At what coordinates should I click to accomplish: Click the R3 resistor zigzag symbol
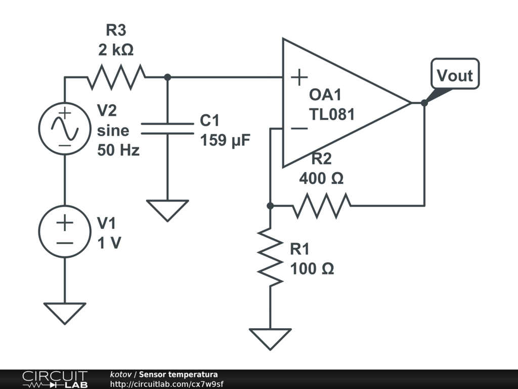click(x=116, y=77)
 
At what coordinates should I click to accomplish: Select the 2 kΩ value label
click(x=116, y=50)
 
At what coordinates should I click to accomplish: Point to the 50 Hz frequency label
click(x=118, y=150)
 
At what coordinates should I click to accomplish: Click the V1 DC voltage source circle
click(x=65, y=230)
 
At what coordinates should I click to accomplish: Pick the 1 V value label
click(x=109, y=243)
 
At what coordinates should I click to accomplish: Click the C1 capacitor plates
click(x=167, y=128)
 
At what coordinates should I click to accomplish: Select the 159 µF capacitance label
click(x=225, y=140)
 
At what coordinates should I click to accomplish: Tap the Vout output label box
click(x=455, y=75)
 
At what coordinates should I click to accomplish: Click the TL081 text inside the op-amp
click(x=332, y=114)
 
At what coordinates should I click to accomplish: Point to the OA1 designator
click(x=326, y=95)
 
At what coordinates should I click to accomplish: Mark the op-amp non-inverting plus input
click(x=299, y=77)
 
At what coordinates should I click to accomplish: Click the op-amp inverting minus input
click(x=299, y=128)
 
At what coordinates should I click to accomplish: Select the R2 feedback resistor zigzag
click(x=322, y=205)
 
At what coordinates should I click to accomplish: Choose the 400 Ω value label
click(x=321, y=178)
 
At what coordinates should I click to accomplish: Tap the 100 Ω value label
click(x=312, y=268)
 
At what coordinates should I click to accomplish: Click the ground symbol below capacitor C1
click(x=167, y=209)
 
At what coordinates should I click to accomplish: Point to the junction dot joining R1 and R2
click(x=270, y=206)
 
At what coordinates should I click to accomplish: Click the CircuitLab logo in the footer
click(x=55, y=379)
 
